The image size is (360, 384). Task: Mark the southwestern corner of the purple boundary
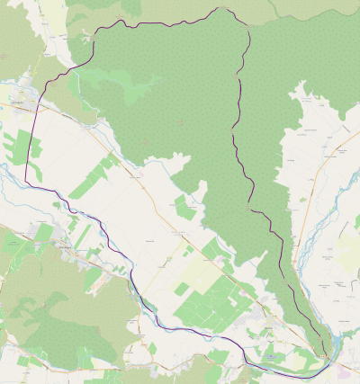click(27, 181)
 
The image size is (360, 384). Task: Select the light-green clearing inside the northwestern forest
click(126, 90)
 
